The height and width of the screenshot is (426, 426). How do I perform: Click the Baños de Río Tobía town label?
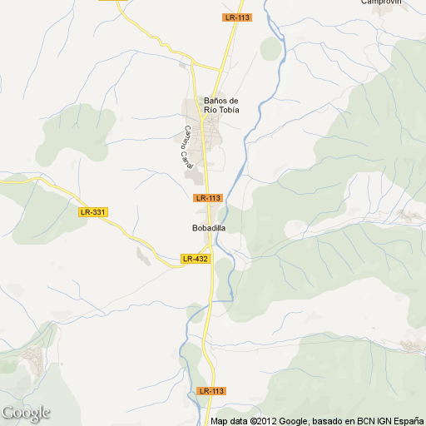(x=220, y=106)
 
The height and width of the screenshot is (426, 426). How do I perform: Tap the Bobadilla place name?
(x=209, y=227)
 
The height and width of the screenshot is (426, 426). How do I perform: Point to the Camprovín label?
(x=382, y=2)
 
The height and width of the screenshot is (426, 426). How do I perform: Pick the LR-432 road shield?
(x=196, y=259)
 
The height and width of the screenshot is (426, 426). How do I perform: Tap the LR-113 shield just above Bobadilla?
(x=208, y=198)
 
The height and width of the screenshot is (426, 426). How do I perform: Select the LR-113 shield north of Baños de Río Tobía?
(x=237, y=17)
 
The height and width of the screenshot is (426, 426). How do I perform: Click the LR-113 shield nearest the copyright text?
(x=212, y=391)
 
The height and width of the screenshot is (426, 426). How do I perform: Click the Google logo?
(x=26, y=413)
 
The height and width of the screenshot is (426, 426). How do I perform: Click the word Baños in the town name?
(x=215, y=102)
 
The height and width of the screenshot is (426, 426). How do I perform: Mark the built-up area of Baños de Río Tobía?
(x=213, y=133)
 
